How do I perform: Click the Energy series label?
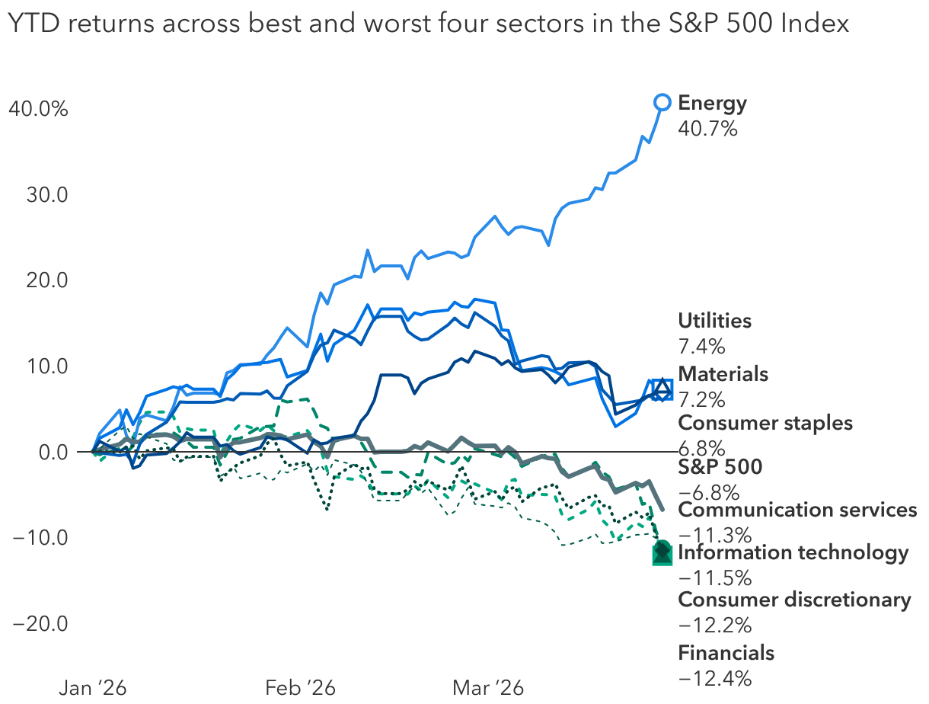(x=712, y=103)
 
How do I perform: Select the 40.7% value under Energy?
(x=707, y=129)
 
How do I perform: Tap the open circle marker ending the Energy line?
(x=662, y=102)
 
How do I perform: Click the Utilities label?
(x=714, y=321)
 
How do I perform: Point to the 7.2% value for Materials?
(x=701, y=399)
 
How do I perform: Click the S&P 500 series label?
(x=720, y=467)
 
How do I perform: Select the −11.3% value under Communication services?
(x=704, y=534)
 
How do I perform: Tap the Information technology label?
(x=793, y=553)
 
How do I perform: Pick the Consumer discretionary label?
(x=794, y=600)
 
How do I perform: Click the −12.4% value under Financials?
(x=704, y=677)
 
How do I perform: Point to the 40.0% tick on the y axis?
(x=38, y=109)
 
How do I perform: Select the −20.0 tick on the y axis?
(x=40, y=623)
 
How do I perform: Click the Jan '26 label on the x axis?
(x=93, y=688)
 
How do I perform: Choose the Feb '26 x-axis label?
(x=300, y=688)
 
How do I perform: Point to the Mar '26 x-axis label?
(x=488, y=688)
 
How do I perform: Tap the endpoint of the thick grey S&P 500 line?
(x=663, y=509)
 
